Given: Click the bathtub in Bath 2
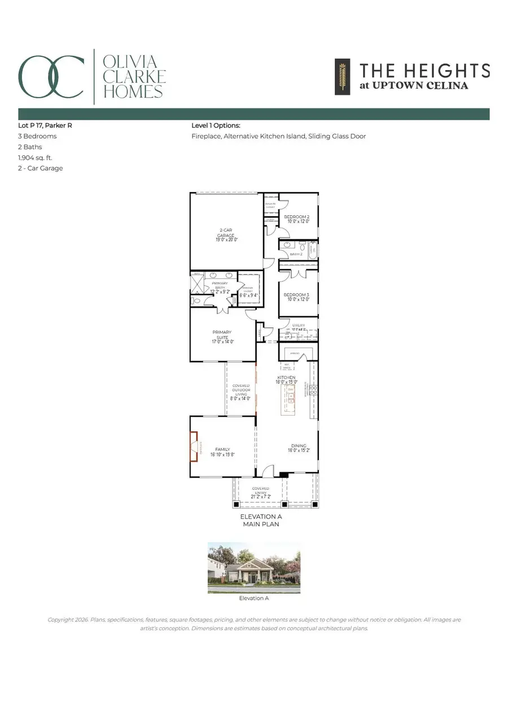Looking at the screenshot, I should pyautogui.click(x=311, y=249).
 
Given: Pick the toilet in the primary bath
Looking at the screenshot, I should pyautogui.click(x=195, y=302).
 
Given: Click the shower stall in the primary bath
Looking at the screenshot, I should pyautogui.click(x=196, y=283).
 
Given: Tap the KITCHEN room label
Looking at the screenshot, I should pyautogui.click(x=286, y=377).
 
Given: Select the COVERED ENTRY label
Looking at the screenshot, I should pyautogui.click(x=261, y=491).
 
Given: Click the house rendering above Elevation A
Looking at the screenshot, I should pyautogui.click(x=253, y=567).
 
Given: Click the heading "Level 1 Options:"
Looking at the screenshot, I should pyautogui.click(x=216, y=125).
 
